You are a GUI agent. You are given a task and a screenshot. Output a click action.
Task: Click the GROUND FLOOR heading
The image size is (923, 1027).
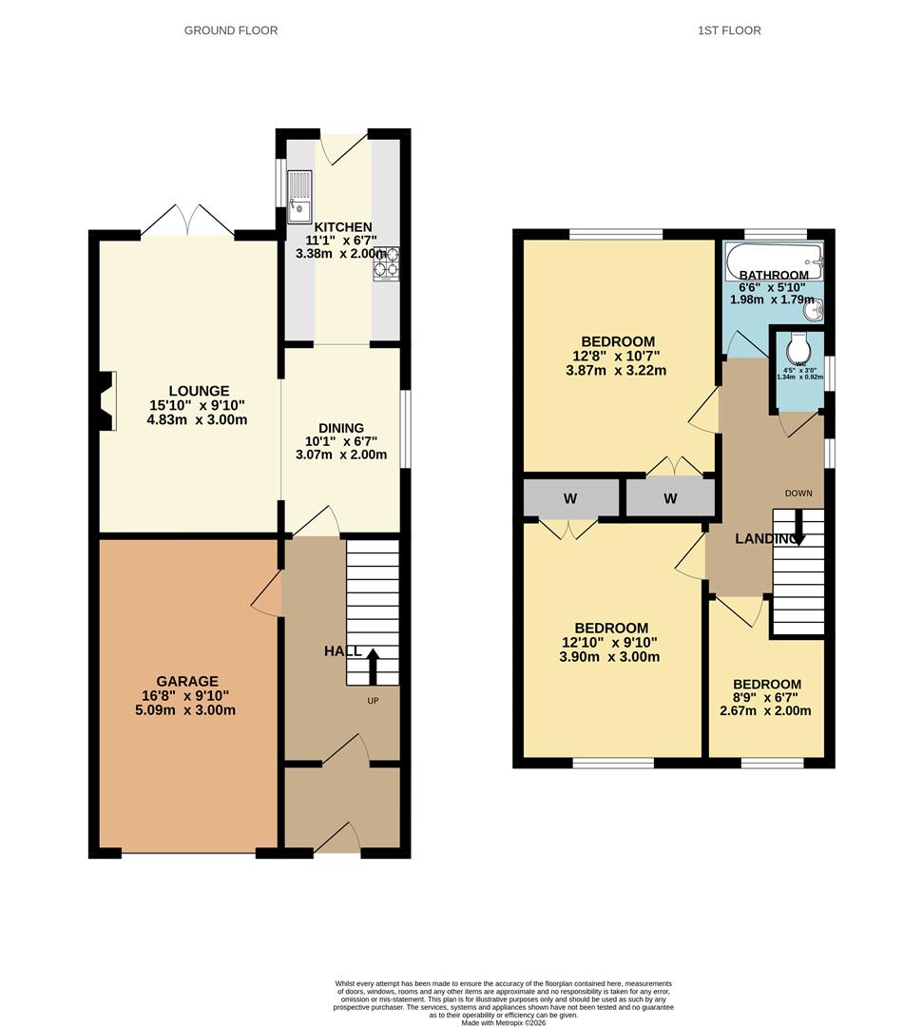(231, 30)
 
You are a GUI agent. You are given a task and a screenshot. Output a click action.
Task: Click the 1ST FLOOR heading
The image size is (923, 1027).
(729, 30)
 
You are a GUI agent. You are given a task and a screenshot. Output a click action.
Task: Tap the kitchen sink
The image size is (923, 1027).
(299, 191)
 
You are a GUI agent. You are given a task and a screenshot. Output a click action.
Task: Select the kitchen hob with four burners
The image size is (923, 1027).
(386, 263)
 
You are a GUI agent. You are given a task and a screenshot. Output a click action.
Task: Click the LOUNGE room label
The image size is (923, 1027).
(199, 391)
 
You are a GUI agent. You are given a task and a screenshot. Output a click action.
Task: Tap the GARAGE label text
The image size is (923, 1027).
(187, 681)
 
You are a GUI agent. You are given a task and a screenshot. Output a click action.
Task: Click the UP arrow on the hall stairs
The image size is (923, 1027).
(372, 667)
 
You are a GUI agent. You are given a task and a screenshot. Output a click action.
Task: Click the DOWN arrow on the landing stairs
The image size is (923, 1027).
(798, 529)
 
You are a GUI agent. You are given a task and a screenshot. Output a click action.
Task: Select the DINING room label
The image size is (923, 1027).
(341, 429)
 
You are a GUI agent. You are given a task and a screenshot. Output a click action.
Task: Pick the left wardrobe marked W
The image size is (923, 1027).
(569, 498)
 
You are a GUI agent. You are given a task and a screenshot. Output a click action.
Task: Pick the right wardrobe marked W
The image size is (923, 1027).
(670, 498)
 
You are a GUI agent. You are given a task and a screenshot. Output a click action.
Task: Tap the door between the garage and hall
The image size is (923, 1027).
(268, 594)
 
